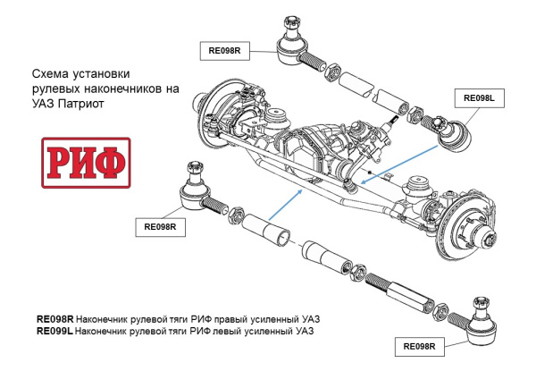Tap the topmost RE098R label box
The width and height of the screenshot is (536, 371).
[225, 51]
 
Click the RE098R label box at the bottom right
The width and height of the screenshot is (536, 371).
[420, 346]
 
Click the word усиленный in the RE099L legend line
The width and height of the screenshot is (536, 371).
[272, 331]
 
